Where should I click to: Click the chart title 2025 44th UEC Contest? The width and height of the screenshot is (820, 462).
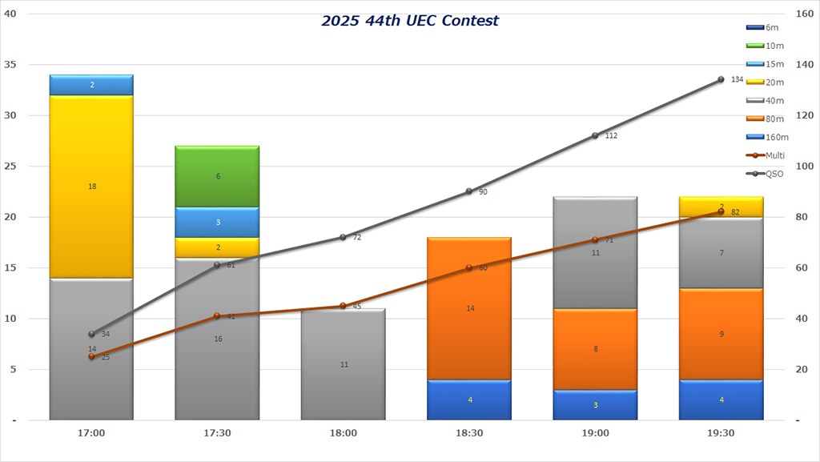[x=410, y=20]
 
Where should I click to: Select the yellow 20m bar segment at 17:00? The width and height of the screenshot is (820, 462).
[x=91, y=187]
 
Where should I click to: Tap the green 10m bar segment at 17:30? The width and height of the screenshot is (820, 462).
[x=217, y=176]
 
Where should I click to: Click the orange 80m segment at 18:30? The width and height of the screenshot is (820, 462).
[x=469, y=308]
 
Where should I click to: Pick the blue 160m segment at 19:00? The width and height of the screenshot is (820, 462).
[x=595, y=405]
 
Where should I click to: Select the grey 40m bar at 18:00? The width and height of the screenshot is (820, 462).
[x=343, y=364]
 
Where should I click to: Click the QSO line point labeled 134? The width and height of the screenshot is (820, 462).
[x=721, y=79]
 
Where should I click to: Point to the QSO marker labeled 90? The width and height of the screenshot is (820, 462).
[x=469, y=191]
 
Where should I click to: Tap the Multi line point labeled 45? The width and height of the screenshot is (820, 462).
[x=343, y=306]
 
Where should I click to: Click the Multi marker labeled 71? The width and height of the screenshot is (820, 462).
[x=595, y=240]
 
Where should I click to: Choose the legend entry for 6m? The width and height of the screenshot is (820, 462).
[x=764, y=28]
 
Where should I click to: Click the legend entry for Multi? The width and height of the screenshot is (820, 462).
[x=764, y=155]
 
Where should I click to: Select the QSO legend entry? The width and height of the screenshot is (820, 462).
[x=764, y=174]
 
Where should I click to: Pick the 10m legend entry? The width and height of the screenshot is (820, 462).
[x=764, y=46]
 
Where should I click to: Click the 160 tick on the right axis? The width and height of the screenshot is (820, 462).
[x=802, y=14]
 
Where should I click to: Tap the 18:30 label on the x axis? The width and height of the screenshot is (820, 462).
[x=469, y=433]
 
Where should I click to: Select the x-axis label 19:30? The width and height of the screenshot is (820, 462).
[x=721, y=433]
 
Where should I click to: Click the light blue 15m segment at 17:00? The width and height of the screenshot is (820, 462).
[x=91, y=85]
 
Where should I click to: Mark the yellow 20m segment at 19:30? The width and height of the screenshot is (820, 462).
[x=721, y=207]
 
